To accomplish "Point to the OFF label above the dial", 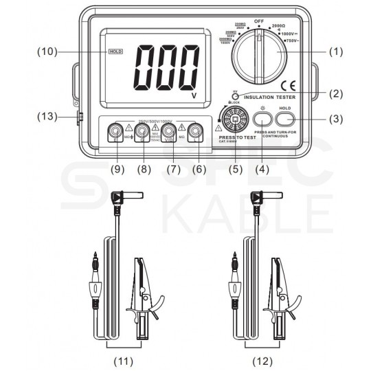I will (x=258, y=21).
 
